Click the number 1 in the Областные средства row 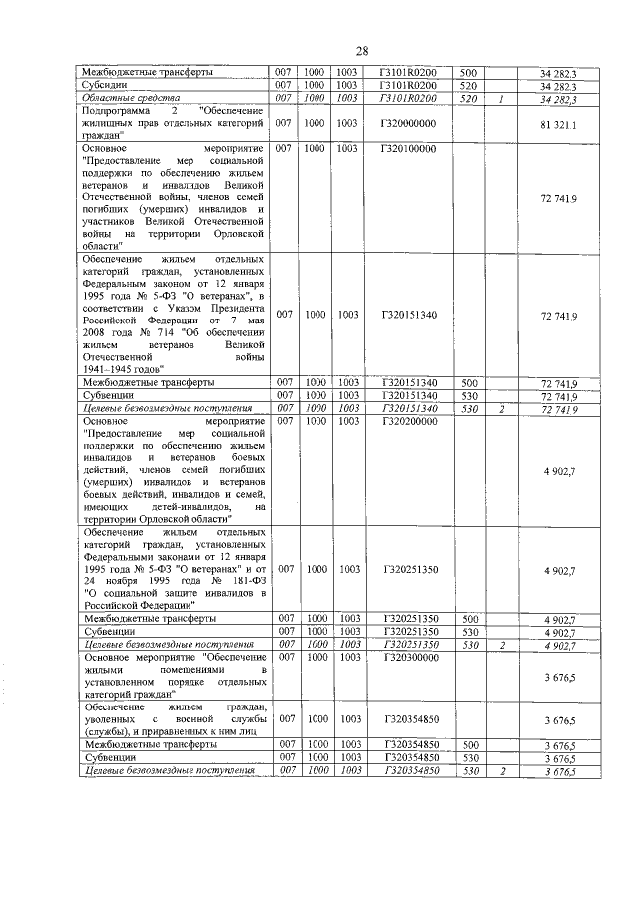click(x=503, y=99)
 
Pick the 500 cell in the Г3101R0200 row click(x=469, y=73)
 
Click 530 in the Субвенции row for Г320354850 click(x=469, y=757)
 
